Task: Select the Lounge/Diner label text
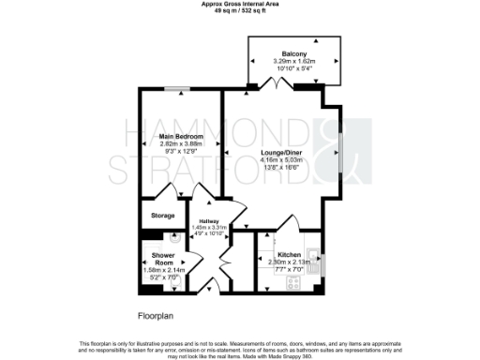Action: (x=279, y=153)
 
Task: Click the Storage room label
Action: (x=163, y=217)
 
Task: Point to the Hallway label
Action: (x=209, y=220)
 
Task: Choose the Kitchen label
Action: (x=289, y=255)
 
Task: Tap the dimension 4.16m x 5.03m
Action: (x=279, y=160)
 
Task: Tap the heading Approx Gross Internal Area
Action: (x=239, y=4)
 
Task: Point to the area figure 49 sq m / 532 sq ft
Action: (x=239, y=10)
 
